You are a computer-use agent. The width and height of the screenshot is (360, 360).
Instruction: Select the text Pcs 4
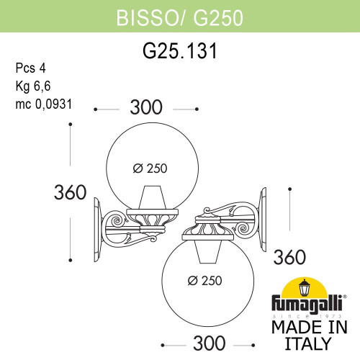[30, 68]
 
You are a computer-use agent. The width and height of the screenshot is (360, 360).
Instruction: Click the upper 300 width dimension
[147, 108]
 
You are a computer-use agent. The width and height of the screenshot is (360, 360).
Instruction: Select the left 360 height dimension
[71, 192]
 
